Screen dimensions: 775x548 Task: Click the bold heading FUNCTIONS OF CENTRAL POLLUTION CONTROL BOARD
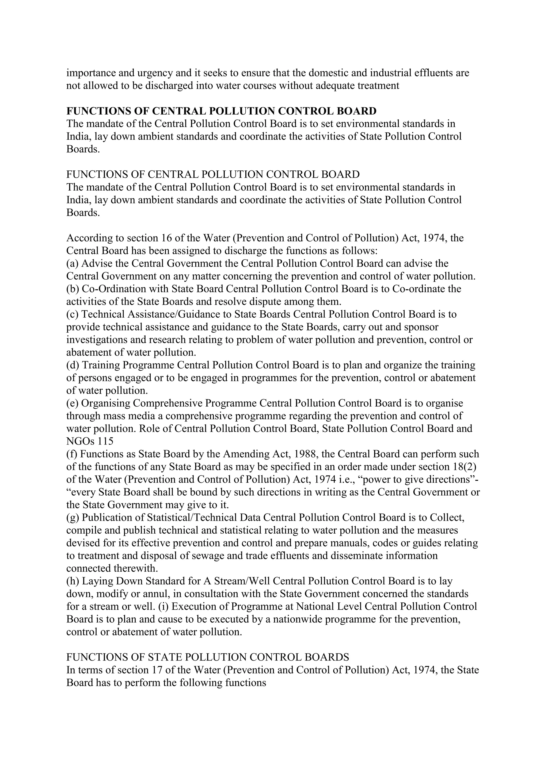point(221,111)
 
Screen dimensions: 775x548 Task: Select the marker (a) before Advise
point(73,263)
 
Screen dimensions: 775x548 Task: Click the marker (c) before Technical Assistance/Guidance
point(73,314)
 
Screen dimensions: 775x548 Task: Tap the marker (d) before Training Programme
point(73,365)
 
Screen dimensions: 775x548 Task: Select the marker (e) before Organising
point(73,403)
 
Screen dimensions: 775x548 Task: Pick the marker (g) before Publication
point(73,518)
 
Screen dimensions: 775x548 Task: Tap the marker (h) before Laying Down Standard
point(73,581)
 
